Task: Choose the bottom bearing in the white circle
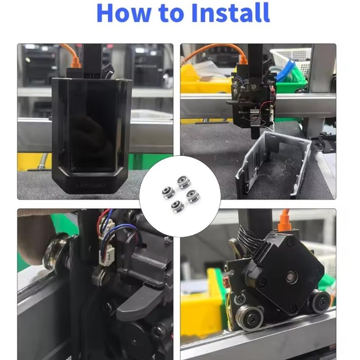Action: (177, 206)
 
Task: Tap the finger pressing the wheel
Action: (34, 238)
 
